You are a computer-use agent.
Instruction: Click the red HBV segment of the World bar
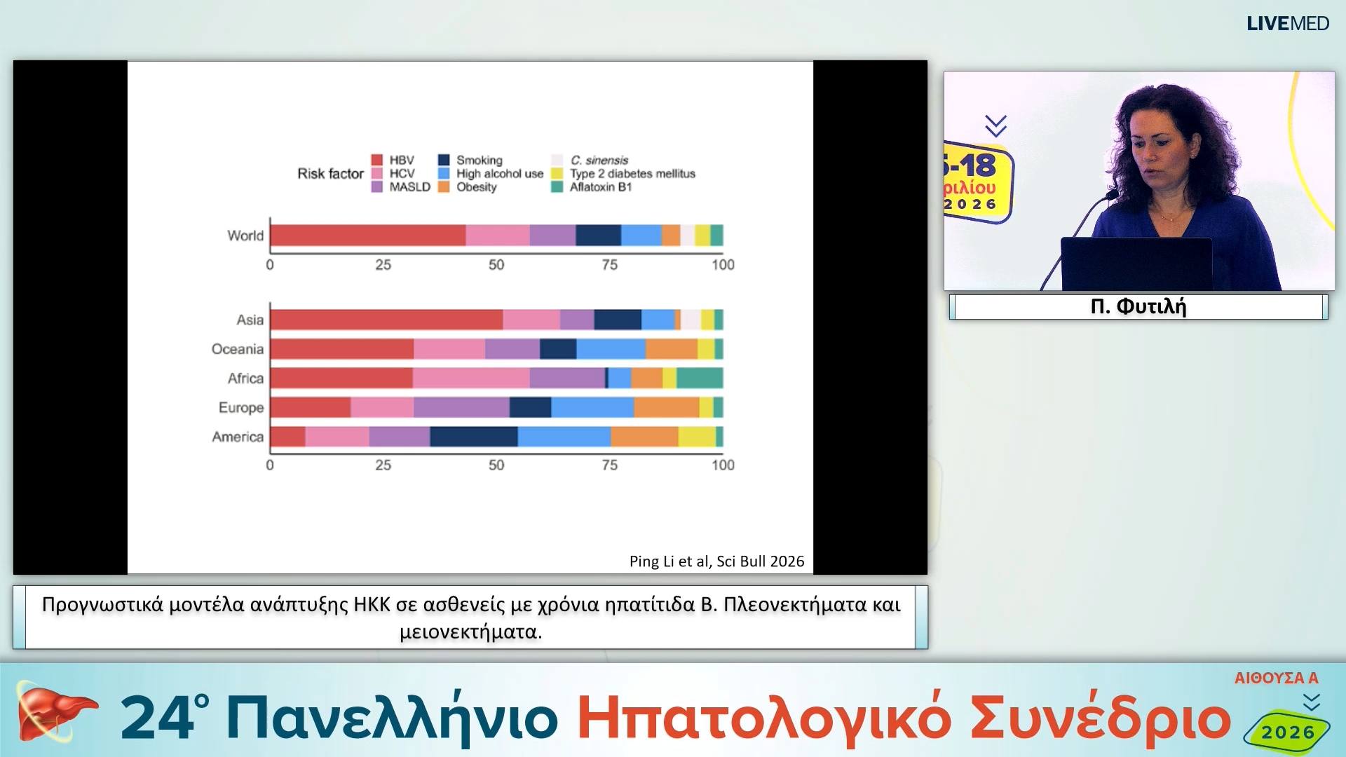click(368, 236)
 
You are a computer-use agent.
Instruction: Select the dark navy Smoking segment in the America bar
click(474, 437)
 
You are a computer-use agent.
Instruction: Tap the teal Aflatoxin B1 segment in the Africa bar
click(700, 378)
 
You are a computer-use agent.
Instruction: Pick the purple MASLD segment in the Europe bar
click(461, 407)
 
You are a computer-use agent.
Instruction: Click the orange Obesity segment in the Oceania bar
click(671, 349)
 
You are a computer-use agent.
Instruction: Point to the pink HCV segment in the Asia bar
click(531, 320)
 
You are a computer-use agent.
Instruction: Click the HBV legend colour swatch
click(377, 161)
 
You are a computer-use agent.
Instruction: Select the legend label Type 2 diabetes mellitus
click(632, 174)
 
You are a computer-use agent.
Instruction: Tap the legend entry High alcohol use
click(500, 174)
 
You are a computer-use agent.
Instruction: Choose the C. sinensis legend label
click(599, 161)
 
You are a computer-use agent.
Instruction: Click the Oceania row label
click(238, 349)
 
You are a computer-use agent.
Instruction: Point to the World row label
click(245, 236)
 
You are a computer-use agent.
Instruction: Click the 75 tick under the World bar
click(609, 265)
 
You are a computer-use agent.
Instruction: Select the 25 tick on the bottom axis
click(383, 465)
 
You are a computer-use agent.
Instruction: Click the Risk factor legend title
click(330, 174)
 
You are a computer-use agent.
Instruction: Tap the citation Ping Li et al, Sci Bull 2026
click(716, 561)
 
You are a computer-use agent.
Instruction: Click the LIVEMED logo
click(1287, 24)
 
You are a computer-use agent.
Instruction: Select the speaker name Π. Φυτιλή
click(1138, 307)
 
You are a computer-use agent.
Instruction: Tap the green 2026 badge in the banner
click(1287, 732)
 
